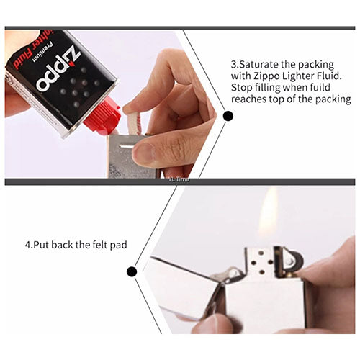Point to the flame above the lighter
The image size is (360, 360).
(x=268, y=216)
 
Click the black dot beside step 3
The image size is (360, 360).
(x=228, y=115)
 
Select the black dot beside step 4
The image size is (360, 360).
(x=132, y=271)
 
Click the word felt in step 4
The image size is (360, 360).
(x=99, y=245)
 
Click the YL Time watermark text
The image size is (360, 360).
(x=178, y=180)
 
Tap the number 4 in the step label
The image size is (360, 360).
(x=27, y=245)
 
